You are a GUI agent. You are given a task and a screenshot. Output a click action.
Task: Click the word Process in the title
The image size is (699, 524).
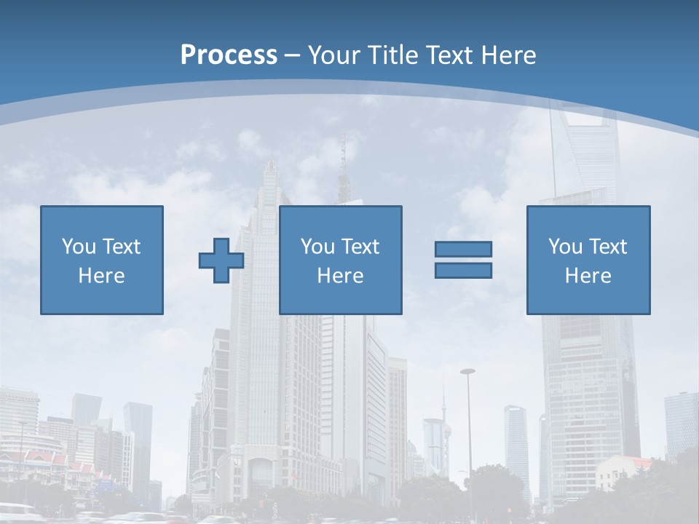pos(229,55)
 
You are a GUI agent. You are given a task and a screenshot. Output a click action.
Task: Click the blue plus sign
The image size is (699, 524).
pos(221,260)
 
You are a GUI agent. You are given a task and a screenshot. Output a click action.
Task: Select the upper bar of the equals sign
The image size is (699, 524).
pos(463,249)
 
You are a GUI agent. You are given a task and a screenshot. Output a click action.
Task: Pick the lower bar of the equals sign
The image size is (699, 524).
pos(463,270)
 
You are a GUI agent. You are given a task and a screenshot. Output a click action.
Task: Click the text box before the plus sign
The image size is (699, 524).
pos(101,260)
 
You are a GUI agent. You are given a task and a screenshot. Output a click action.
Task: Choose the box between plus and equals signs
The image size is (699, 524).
pos(340,260)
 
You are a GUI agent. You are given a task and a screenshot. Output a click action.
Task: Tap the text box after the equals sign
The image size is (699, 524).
pos(588,260)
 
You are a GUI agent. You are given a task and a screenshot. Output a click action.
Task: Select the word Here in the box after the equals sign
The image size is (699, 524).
pos(588,276)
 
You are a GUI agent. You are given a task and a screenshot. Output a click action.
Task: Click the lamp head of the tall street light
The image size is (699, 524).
pos(467,372)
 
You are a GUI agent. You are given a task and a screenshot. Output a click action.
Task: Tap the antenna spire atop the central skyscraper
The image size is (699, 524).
pos(342,156)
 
